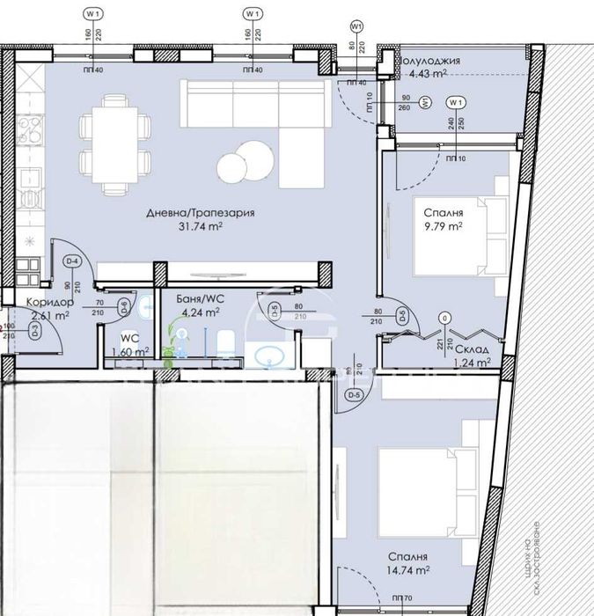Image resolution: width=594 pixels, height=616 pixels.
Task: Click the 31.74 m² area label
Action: pos(189,226)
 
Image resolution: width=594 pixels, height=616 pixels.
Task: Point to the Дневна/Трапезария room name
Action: pos(188,212)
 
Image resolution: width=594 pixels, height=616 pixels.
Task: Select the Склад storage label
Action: pos(448,348)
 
